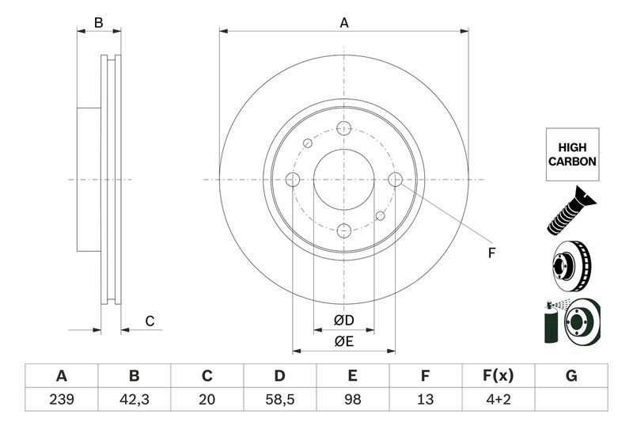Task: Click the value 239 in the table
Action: click(x=61, y=400)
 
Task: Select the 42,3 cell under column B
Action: click(x=134, y=400)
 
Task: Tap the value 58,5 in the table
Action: click(x=279, y=400)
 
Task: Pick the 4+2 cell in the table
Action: click(x=498, y=400)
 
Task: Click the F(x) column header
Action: click(x=498, y=375)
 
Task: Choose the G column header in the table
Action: click(x=571, y=375)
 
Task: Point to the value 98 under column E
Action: click(x=353, y=400)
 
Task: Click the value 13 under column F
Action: click(x=426, y=400)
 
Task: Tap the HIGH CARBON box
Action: click(x=571, y=154)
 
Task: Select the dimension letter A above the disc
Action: click(x=344, y=23)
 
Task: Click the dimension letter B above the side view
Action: click(x=99, y=23)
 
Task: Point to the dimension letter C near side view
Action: click(x=148, y=321)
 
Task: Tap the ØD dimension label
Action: click(x=343, y=321)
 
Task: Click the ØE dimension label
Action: click(x=343, y=341)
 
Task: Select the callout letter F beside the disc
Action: click(x=491, y=253)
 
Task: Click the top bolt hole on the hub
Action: click(x=343, y=128)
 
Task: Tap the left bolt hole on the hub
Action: click(x=293, y=180)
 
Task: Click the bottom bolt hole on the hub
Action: click(x=343, y=230)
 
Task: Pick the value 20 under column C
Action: click(x=207, y=400)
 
